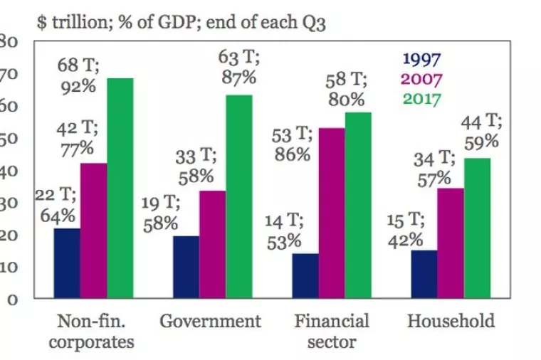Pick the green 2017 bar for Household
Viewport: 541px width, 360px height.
coord(477,227)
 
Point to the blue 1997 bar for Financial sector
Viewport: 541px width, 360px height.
coord(305,275)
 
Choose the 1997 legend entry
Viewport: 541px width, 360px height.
coord(422,59)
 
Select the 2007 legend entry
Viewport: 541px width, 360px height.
coord(422,78)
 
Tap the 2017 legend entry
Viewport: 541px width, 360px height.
coord(422,97)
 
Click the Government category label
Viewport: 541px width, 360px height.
coord(210,321)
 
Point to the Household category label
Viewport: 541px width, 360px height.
coord(451,321)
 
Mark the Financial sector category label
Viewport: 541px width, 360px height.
coord(332,331)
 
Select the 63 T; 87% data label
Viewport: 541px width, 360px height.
coord(238,68)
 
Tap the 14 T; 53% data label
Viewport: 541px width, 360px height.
coord(285,232)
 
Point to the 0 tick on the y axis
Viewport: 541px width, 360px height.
coord(12,299)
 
